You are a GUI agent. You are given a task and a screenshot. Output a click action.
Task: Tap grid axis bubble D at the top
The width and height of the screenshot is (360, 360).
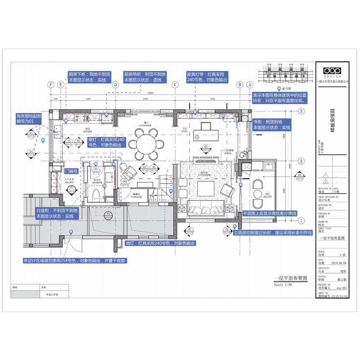coord(115,85)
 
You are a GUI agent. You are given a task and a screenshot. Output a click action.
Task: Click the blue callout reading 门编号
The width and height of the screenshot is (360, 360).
coord(72,171)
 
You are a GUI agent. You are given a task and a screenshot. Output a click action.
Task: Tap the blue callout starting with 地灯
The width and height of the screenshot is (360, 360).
coord(161,243)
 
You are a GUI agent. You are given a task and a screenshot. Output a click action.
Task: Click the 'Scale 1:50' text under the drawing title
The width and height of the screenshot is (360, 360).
coord(283,285)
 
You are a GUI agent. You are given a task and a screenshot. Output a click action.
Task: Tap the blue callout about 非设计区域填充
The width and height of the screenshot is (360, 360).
coord(74,260)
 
